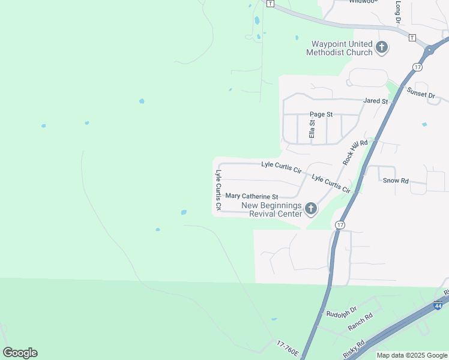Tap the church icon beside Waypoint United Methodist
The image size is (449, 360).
pyautogui.click(x=381, y=47)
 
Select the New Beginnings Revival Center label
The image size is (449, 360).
pyautogui.click(x=271, y=210)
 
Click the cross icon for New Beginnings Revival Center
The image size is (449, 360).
pyautogui.click(x=310, y=209)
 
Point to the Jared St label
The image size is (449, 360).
pyautogui.click(x=376, y=101)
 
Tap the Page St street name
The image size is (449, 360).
pyautogui.click(x=321, y=114)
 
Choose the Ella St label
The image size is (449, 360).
pyautogui.click(x=312, y=129)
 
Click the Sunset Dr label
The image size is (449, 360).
pyautogui.click(x=420, y=94)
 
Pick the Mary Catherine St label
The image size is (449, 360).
pyautogui.click(x=252, y=196)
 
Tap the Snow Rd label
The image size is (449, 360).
pyautogui.click(x=396, y=180)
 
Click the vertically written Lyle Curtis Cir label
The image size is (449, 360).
pyautogui.click(x=218, y=190)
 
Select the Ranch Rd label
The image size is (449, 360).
pyautogui.click(x=360, y=323)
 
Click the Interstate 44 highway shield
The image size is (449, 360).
pyautogui.click(x=438, y=306)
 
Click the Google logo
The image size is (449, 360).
pyautogui.click(x=20, y=353)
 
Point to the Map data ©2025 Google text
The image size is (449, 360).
pyautogui.click(x=412, y=355)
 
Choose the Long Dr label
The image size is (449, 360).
pyautogui.click(x=398, y=12)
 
